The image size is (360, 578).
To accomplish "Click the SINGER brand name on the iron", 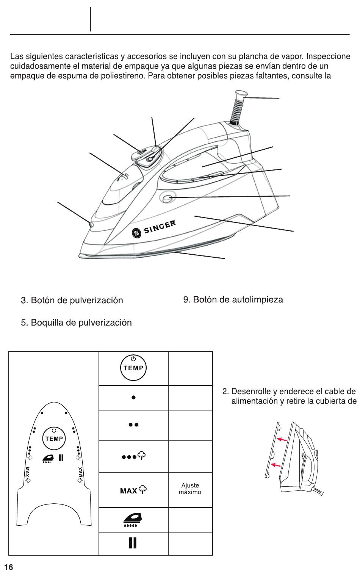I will (159, 227).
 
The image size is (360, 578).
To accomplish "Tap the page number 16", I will (8, 567).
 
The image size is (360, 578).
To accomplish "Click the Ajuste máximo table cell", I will (190, 489).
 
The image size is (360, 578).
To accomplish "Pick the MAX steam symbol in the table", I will (133, 490).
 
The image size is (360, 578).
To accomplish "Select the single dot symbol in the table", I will (133, 398).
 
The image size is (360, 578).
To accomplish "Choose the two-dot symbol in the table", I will (133, 425).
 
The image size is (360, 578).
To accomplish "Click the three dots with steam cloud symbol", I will (134, 456).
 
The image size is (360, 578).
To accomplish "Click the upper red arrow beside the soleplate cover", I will (281, 439).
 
